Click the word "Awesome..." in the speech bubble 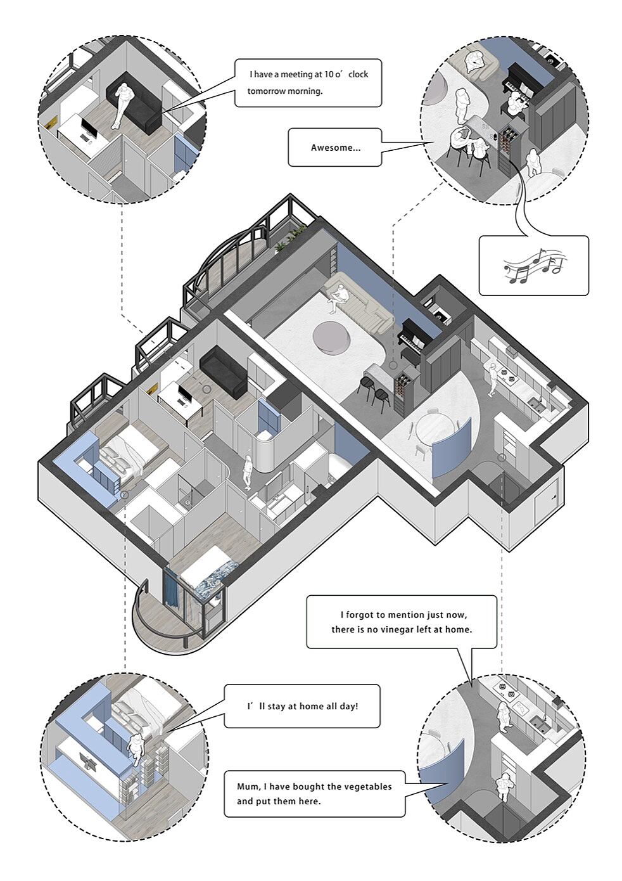[x=335, y=148]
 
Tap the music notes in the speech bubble [x=533, y=266]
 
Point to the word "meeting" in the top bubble [x=303, y=74]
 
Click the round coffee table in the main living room [x=333, y=336]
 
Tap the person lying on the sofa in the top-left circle [x=124, y=105]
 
